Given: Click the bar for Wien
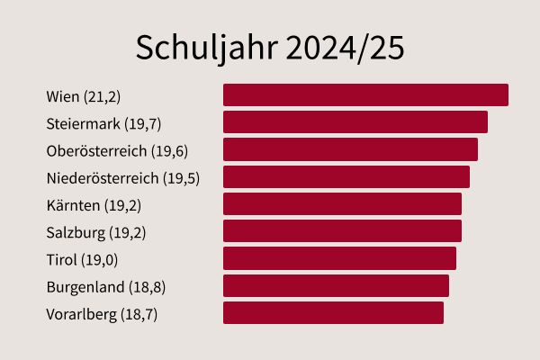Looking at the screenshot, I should [365, 95].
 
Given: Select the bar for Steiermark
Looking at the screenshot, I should [355, 122].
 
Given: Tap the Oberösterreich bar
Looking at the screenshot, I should [350, 149].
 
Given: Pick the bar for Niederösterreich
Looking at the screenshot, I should [346, 176].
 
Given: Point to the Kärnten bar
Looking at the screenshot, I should [342, 204].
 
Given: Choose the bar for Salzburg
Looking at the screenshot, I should [342, 231].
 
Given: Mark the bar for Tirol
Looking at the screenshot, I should [339, 258].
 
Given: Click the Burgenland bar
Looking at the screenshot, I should [336, 286].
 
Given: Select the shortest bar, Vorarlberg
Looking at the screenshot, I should [333, 313].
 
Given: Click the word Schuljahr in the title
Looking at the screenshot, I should [205, 49].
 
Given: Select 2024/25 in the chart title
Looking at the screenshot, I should [345, 49].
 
